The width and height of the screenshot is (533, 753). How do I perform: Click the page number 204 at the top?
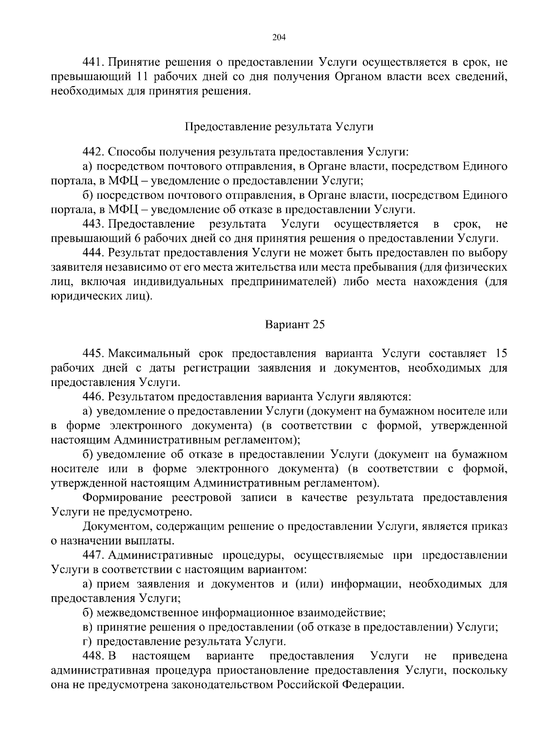click(278, 37)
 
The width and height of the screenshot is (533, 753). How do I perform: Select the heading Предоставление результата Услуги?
click(278, 127)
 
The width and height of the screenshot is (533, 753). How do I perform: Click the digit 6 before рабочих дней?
click(136, 239)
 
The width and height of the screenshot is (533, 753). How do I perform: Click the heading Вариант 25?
click(295, 325)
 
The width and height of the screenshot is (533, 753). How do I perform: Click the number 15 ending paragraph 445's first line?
click(501, 354)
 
